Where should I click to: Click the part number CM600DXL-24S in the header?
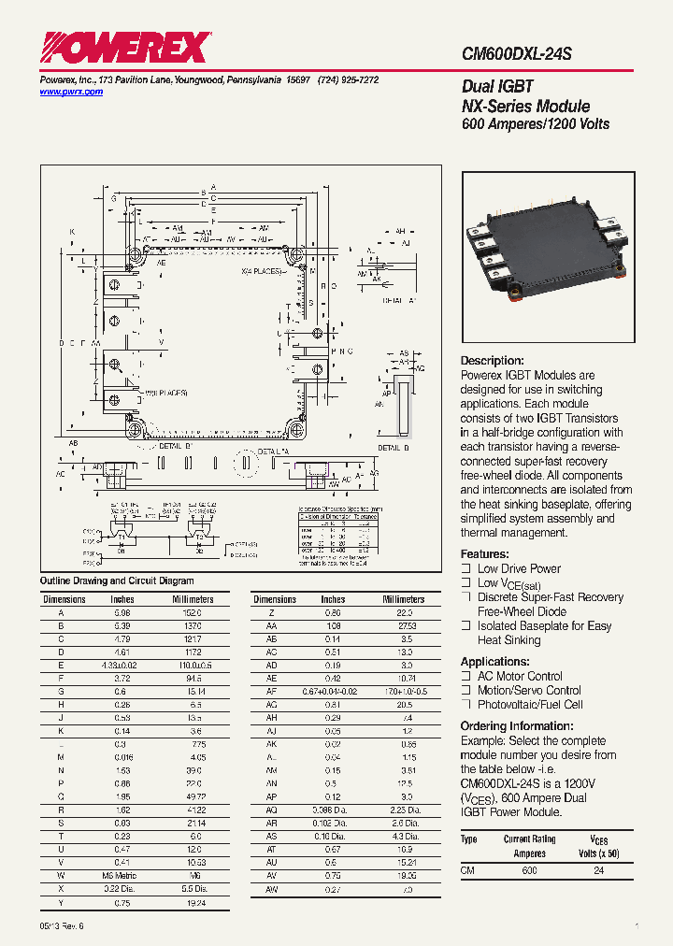516,55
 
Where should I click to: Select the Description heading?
492,361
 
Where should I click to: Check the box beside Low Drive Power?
465,568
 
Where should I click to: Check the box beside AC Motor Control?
465,676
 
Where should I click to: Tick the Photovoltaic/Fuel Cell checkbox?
465,705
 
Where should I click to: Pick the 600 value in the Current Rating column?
529,870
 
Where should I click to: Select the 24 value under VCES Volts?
598,870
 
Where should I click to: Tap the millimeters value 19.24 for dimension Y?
193,903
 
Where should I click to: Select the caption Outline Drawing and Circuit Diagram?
117,580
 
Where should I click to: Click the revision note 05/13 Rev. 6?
62,925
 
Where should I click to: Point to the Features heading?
484,553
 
